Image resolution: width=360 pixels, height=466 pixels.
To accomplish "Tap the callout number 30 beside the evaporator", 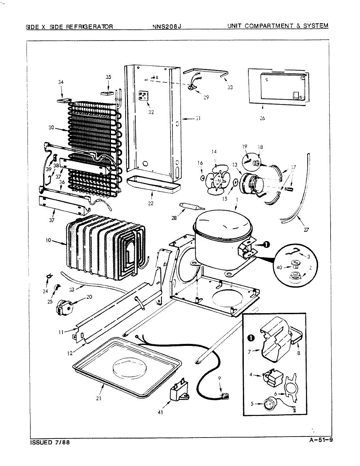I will coord(51,128).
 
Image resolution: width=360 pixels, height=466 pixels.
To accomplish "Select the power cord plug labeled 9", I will coord(225,397).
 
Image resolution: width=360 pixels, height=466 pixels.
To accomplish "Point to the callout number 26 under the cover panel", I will coord(262,118).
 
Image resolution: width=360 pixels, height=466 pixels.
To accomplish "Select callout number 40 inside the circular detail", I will coord(279,267).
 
